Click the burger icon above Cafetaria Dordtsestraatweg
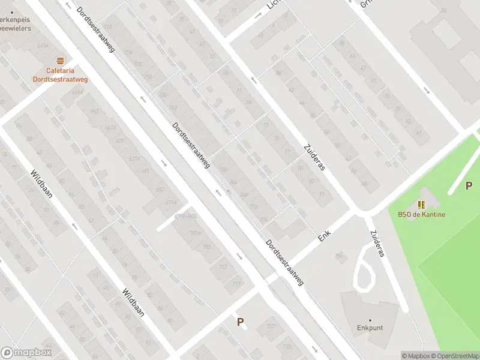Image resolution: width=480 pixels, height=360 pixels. click(x=59, y=61)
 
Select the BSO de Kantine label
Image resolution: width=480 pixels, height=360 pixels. click(x=421, y=215)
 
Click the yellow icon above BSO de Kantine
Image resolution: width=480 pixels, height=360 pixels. click(x=421, y=205)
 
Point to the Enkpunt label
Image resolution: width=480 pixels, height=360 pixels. click(x=370, y=328)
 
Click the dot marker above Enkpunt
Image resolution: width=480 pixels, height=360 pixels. click(x=370, y=320)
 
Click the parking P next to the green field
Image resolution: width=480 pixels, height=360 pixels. click(x=469, y=186)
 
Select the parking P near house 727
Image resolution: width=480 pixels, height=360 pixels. click(x=241, y=322)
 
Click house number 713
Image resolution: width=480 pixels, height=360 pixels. click(x=223, y=267)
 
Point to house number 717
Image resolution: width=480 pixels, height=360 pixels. click(x=237, y=284)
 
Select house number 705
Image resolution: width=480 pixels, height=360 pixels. click(x=207, y=247)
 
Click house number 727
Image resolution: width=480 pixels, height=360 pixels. click(x=271, y=327)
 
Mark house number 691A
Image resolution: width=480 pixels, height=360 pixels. click(x=170, y=203)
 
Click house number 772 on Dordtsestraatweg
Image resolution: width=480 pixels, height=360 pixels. click(x=253, y=208)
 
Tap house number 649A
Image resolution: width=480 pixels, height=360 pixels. click(x=77, y=92)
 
